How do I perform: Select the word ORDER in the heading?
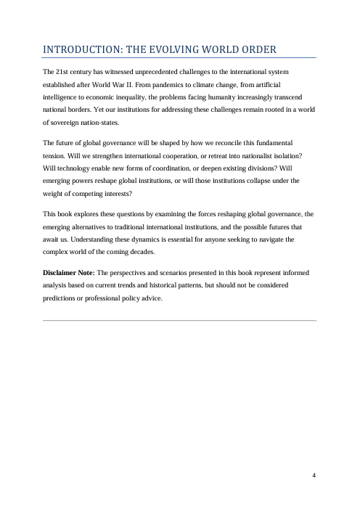coord(257,49)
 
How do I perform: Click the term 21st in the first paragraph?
coord(62,73)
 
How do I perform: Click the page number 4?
coord(314,475)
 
